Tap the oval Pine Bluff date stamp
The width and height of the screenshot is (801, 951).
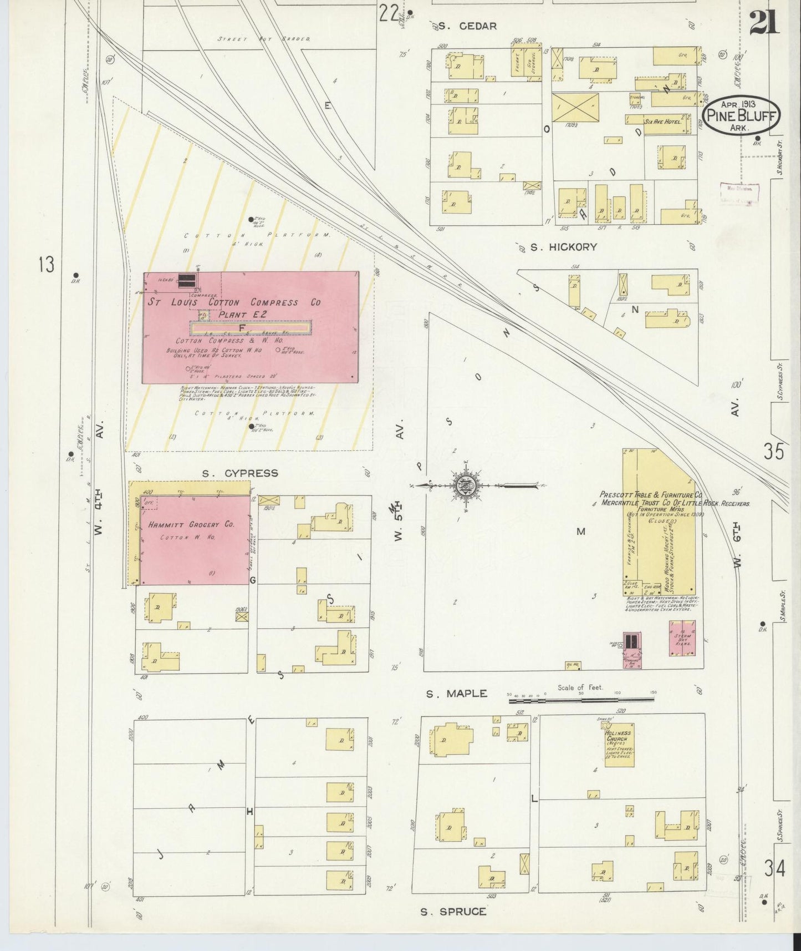(x=741, y=115)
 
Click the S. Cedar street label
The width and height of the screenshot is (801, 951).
(x=467, y=26)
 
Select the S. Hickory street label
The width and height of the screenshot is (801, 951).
(x=563, y=247)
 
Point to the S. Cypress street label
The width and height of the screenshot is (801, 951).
(x=239, y=473)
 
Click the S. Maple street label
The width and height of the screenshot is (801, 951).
(x=456, y=694)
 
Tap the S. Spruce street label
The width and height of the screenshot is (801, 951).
(x=453, y=912)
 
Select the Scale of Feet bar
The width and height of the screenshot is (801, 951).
(x=581, y=699)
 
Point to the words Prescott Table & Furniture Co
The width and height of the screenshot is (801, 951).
(x=651, y=494)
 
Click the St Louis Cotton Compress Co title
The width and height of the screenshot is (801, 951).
(x=234, y=302)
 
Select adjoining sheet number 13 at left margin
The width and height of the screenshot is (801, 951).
(x=47, y=265)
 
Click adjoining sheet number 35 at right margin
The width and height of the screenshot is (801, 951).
(x=774, y=452)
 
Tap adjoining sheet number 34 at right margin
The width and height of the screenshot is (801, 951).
(x=774, y=868)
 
